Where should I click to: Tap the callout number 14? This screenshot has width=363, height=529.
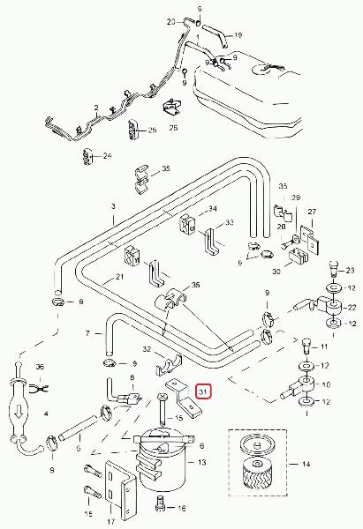point(306,465)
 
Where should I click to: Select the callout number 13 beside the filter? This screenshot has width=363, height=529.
point(201,462)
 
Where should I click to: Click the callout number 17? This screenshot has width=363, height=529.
point(111,522)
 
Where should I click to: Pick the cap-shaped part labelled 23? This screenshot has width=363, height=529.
point(333,269)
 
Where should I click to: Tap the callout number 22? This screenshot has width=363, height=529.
point(352,307)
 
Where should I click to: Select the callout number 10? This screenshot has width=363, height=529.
point(326,384)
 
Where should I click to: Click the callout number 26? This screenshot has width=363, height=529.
point(173,128)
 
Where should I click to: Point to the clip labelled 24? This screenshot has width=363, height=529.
point(87,157)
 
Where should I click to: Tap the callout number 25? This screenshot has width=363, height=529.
point(153,130)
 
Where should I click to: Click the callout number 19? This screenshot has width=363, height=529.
point(238,34)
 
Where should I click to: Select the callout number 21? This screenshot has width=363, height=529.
point(119,277)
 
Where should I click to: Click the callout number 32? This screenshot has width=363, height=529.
point(147,349)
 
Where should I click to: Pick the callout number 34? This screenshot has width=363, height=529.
point(212,209)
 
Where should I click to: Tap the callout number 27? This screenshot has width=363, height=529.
point(312,212)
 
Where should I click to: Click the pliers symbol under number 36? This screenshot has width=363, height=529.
point(40,390)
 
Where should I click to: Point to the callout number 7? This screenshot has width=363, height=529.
point(87,333)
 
